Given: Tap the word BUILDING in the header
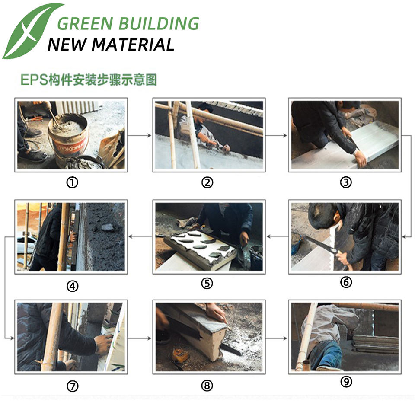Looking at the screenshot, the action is pos(159,23).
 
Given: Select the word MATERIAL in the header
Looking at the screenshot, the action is pos(133,45).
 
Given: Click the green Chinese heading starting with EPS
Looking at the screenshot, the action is pos(89,80).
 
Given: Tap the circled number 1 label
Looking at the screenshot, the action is pos(72,182).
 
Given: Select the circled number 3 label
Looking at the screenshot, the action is pos(346,182).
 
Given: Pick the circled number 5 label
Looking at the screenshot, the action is pos(207,283).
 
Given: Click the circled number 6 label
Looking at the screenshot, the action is pos(346,282).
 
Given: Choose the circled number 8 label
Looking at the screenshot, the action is pos(207,386).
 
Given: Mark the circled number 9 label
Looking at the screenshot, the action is pos(346,382).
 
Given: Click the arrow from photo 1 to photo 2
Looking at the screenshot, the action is pos(140,135).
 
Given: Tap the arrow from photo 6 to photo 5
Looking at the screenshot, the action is pos(278,236).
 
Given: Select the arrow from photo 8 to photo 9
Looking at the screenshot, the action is pos(276,338).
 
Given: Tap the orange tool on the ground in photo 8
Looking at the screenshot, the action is pos(180,354).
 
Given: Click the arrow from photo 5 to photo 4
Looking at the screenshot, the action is pos(140,236).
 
